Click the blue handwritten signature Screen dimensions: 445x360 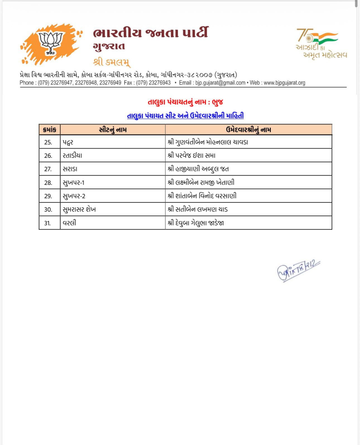[298, 270]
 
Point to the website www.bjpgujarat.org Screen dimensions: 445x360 [284, 83]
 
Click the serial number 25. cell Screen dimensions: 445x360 [48, 142]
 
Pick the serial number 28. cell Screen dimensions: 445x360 [48, 183]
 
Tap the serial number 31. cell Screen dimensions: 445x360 [48, 223]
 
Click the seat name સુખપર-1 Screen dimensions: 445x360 [74, 183]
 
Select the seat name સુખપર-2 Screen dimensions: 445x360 [74, 196]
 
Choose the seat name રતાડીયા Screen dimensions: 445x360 [72, 156]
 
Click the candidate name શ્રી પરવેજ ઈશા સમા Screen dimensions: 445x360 [191, 156]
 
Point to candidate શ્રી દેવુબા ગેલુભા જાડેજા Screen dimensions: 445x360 [196, 223]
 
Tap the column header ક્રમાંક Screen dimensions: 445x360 [50, 130]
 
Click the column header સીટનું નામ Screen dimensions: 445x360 [113, 130]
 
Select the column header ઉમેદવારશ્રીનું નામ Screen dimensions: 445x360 [248, 130]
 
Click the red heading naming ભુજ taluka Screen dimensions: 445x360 [185, 102]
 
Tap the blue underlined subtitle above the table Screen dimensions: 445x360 [185, 116]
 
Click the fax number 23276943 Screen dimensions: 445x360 [160, 83]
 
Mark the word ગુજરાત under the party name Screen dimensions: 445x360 [109, 47]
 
